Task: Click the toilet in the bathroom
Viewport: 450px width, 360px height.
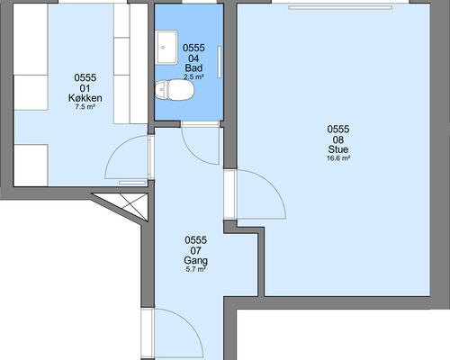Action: click(175, 90)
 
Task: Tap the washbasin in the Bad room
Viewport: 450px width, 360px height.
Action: click(166, 47)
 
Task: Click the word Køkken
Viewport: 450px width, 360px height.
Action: click(85, 98)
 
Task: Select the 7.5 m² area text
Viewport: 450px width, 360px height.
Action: click(85, 107)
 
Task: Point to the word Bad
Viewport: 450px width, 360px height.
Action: click(193, 67)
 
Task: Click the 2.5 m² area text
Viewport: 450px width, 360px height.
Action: click(193, 76)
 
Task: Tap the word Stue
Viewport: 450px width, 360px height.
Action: click(338, 149)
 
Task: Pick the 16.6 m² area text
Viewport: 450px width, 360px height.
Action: click(338, 158)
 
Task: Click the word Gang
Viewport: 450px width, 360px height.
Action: click(195, 260)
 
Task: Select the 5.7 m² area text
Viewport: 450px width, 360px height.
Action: click(195, 269)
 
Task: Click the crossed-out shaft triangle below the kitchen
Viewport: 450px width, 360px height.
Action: click(128, 204)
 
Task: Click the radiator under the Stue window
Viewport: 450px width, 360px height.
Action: click(340, 7)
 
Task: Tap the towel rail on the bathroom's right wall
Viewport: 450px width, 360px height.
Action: click(220, 62)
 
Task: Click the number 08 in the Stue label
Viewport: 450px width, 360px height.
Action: click(338, 139)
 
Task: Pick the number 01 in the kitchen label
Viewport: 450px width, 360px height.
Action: click(85, 88)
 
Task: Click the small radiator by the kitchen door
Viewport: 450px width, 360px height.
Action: click(132, 183)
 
